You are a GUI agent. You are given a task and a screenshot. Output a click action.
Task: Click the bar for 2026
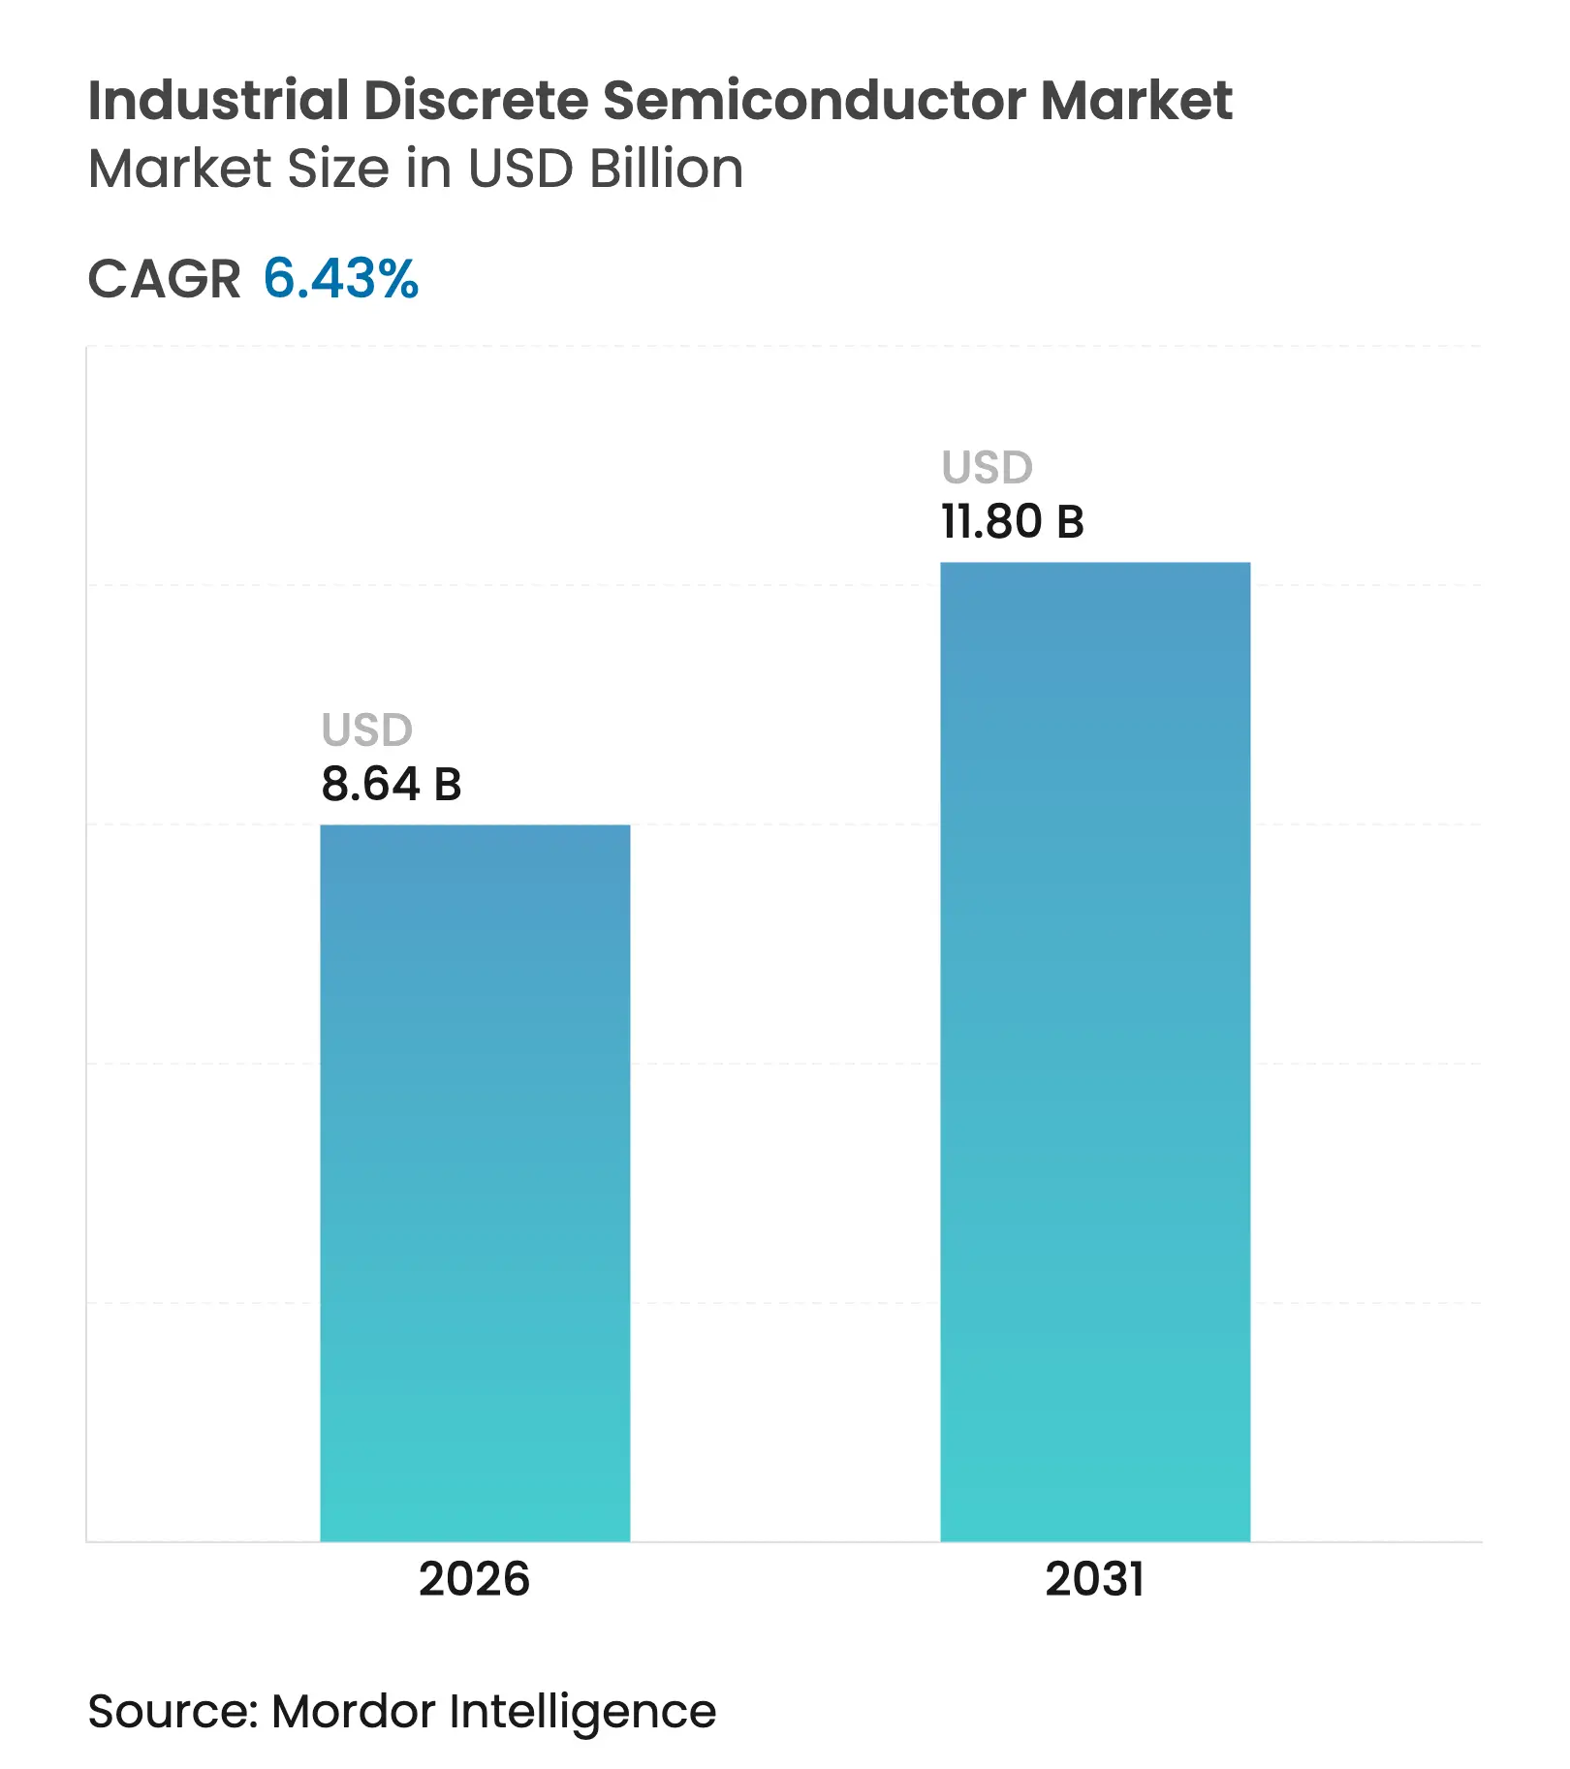475,1182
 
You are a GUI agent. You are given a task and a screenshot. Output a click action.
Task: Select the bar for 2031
1095,1051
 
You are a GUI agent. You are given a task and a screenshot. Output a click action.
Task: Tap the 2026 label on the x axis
474,1579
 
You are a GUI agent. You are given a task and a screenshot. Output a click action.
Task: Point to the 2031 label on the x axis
1094,1579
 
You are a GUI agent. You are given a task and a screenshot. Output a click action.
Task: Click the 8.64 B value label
392,784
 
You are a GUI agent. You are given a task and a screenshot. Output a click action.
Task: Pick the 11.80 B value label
1013,521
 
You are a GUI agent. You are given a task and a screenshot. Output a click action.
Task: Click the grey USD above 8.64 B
367,730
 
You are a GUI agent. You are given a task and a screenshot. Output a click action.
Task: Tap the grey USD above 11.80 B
988,468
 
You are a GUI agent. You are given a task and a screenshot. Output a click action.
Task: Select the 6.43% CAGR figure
341,279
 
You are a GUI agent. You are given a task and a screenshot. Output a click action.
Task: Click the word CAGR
165,279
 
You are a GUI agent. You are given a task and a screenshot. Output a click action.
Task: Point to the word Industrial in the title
218,100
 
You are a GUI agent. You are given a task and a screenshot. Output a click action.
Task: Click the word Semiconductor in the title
814,100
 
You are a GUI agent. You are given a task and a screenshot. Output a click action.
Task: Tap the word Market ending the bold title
1136,100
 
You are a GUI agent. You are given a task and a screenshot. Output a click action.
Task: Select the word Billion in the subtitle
667,169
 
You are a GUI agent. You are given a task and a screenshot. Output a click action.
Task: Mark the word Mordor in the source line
354,1711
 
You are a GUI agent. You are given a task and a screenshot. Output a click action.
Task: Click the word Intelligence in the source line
582,1711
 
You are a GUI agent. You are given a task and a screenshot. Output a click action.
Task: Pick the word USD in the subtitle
520,169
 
